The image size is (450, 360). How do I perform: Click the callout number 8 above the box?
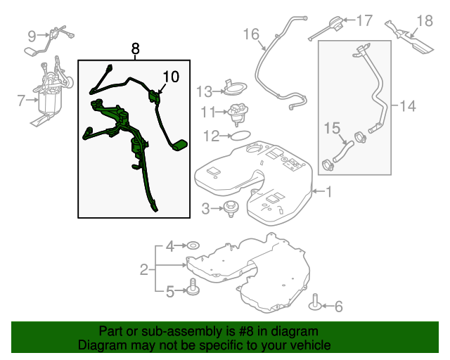tap(135, 49)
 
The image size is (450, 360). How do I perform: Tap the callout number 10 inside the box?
tap(171, 77)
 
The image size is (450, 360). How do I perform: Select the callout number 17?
tap(364, 20)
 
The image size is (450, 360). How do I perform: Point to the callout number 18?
tap(425, 20)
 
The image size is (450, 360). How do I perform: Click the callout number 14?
tap(408, 106)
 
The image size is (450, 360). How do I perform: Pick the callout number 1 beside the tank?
tap(328, 191)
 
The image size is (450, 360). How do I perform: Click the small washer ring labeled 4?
tap(193, 245)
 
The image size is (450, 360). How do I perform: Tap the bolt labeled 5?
tap(193, 286)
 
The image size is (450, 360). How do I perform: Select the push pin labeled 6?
tap(315, 303)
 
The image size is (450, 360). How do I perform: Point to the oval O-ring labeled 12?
tap(240, 135)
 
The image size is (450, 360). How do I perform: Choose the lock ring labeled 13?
tap(235, 88)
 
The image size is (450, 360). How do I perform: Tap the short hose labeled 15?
tap(343, 151)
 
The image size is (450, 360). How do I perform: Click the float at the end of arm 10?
tap(180, 145)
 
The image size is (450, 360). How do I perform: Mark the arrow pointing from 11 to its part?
tap(221, 112)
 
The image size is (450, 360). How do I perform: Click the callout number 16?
tap(252, 34)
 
